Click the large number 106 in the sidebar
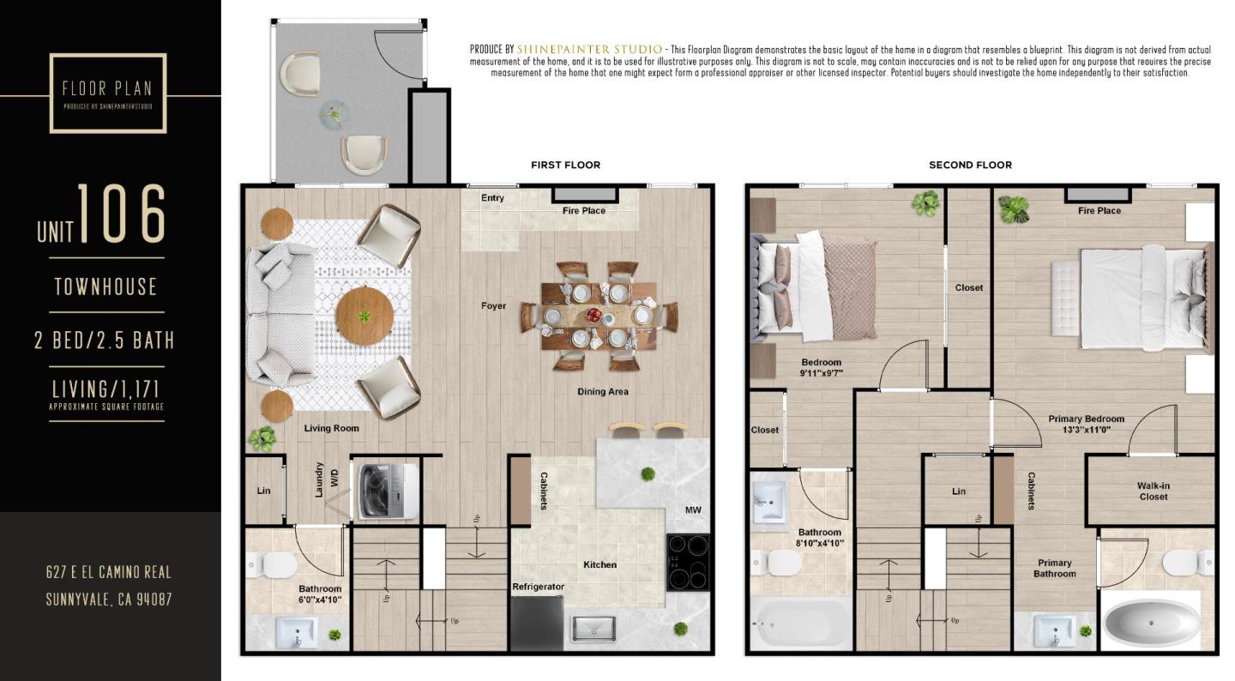point(122,214)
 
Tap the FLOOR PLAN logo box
point(108,93)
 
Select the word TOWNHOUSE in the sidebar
point(106,286)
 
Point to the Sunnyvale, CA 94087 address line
point(109,600)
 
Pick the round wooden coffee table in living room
point(364,316)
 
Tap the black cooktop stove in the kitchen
point(689,562)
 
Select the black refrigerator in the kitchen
point(537,624)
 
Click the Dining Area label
point(603,392)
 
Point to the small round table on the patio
point(334,114)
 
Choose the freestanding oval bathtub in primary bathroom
point(1151,622)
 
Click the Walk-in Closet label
point(1154,491)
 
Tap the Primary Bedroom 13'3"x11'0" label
point(1086,425)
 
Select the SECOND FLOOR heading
point(970,165)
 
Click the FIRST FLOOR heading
point(565,165)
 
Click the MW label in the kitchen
point(693,510)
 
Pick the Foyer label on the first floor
point(493,306)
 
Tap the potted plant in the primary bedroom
point(1014,208)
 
